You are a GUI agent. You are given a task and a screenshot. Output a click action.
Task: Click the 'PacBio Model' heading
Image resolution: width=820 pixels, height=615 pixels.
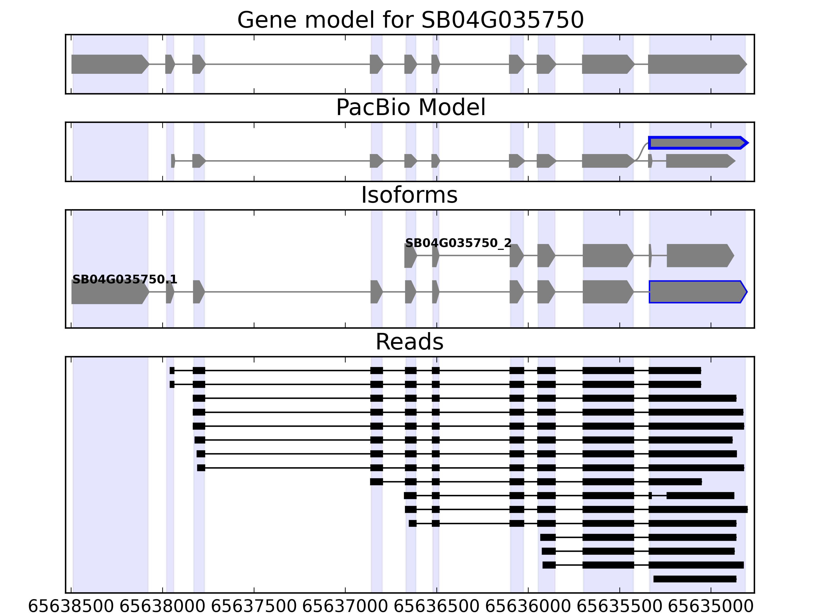coord(410,108)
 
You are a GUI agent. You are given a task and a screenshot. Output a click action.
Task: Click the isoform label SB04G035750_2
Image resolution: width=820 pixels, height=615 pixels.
coord(458,243)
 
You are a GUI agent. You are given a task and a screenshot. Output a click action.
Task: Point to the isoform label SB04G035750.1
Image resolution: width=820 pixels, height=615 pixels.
coord(125,280)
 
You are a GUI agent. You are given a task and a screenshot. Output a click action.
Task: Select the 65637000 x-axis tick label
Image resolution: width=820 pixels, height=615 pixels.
coord(345,607)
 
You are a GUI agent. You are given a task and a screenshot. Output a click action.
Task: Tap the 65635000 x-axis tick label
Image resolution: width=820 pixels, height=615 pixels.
coord(711,607)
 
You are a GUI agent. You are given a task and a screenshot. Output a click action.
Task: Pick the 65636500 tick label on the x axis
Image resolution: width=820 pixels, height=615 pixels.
coord(436,607)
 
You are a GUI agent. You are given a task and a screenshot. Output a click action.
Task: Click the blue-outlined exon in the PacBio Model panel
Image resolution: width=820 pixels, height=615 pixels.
coord(697,143)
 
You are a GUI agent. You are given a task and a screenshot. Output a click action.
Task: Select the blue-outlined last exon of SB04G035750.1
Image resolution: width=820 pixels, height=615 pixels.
coord(697,292)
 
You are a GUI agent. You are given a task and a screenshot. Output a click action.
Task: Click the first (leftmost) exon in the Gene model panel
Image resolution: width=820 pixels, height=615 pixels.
coord(109,64)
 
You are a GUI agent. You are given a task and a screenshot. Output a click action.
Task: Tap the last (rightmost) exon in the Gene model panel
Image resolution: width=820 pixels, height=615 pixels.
coord(696,64)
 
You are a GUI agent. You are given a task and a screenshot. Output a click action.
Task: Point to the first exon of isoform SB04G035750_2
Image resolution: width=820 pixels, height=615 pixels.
coord(410,255)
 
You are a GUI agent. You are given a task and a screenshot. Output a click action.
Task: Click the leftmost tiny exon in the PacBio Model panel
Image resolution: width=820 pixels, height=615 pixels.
coord(173,161)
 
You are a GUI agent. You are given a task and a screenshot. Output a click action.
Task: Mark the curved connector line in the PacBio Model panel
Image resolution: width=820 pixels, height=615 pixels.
coord(642,152)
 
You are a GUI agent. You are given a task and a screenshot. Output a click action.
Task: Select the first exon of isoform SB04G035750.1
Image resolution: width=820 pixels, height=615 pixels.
coord(109,292)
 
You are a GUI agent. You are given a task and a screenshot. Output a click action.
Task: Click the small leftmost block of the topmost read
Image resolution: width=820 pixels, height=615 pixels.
coord(172,370)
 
